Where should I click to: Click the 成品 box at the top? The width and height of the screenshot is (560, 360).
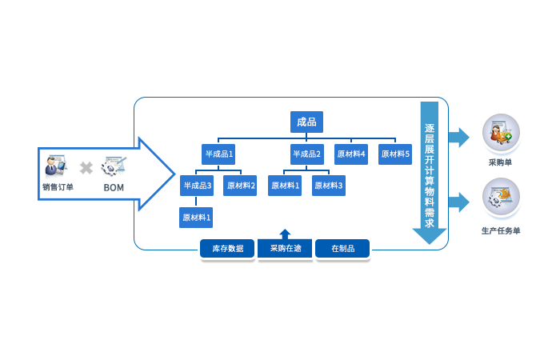pos(306,122)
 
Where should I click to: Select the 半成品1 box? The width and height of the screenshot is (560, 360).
pos(218,154)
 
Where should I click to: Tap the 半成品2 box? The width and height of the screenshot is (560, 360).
pos(306,154)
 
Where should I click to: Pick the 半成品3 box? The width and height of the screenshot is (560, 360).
pos(197,186)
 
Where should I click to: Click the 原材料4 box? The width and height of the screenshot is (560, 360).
pos(350,154)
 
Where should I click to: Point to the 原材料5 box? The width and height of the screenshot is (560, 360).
pos(394,154)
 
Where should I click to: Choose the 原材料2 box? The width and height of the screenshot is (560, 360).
pos(241,186)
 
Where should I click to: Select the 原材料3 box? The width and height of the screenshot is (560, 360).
pos(328,186)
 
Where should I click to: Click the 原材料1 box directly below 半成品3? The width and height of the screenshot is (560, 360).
pos(196,217)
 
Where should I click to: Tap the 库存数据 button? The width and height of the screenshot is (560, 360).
pos(227,249)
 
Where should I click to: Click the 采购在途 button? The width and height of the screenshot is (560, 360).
pos(285,249)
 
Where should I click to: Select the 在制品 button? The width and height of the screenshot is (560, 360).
pos(342,249)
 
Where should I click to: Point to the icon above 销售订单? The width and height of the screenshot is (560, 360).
pos(56,167)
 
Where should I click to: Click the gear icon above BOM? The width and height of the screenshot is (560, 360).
pos(113,167)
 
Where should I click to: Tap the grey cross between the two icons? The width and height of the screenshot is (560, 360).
pos(85,168)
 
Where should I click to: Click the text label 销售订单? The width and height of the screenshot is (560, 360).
pos(57,187)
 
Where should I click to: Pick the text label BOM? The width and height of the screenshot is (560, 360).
pos(113,187)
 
